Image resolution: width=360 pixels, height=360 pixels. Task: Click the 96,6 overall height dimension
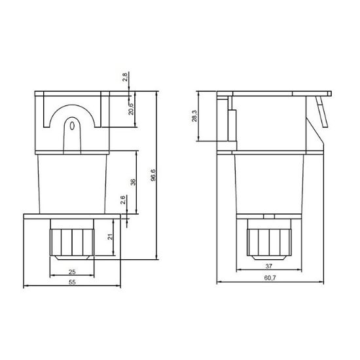153,177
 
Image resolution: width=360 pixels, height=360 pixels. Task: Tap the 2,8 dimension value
126,79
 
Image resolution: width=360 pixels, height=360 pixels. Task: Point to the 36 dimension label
133,183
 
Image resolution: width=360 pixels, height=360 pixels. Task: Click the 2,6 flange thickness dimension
124,199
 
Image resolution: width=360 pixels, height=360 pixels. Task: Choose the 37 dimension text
268,266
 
